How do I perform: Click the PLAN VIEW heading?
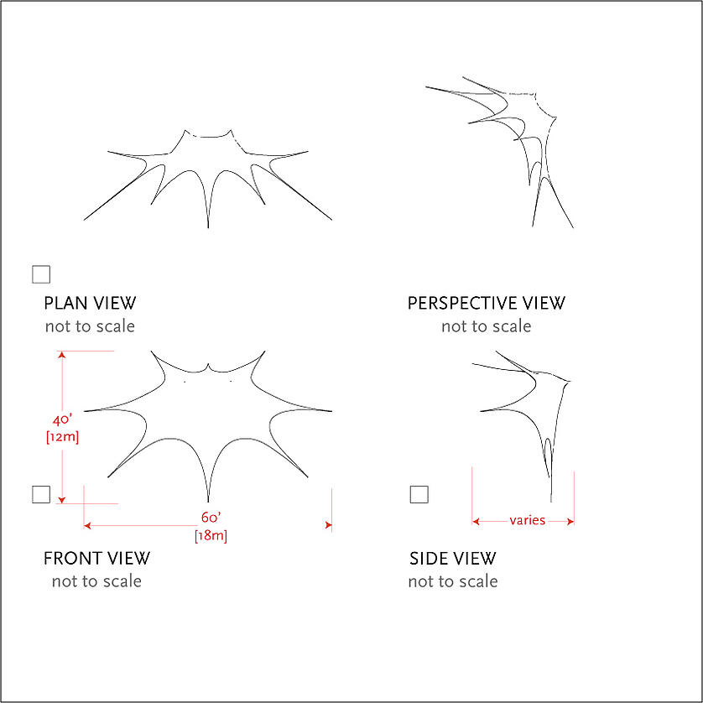pyautogui.click(x=90, y=303)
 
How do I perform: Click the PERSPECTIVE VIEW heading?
pyautogui.click(x=487, y=303)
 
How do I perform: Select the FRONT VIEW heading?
pyautogui.click(x=96, y=558)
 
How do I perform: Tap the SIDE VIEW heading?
pyautogui.click(x=453, y=558)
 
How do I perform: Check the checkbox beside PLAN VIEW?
pyautogui.click(x=40, y=274)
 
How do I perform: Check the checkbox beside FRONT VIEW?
pyautogui.click(x=41, y=494)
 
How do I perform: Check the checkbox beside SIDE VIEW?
pyautogui.click(x=419, y=494)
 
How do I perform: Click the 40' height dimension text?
pyautogui.click(x=62, y=420)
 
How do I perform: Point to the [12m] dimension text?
pyautogui.click(x=62, y=436)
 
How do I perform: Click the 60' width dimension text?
pyautogui.click(x=210, y=518)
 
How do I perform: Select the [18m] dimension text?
pyautogui.click(x=210, y=535)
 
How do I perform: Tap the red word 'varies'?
pyautogui.click(x=528, y=520)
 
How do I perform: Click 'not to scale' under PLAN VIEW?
pyautogui.click(x=90, y=325)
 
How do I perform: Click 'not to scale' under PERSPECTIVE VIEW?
pyautogui.click(x=487, y=325)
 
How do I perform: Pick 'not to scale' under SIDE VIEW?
pyautogui.click(x=453, y=581)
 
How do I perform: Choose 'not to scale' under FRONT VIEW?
pyautogui.click(x=96, y=581)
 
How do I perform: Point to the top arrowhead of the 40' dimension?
pyautogui.click(x=61, y=355)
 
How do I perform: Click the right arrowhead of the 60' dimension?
pyautogui.click(x=328, y=525)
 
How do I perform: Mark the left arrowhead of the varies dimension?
pyautogui.click(x=476, y=521)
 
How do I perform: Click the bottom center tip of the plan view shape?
pyautogui.click(x=208, y=226)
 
